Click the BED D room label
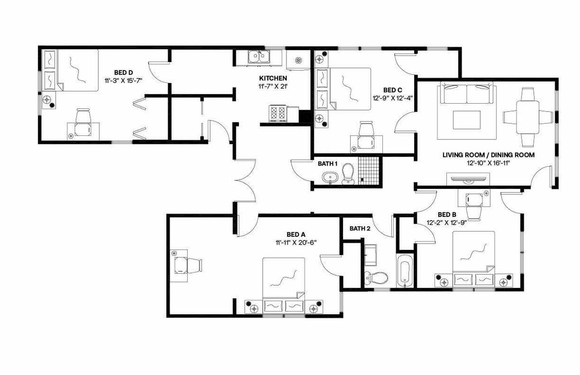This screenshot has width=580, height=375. (x=123, y=72)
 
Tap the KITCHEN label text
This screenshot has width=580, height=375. (x=273, y=78)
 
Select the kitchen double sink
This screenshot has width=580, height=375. (x=259, y=58)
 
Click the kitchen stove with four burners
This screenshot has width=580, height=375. (x=278, y=113)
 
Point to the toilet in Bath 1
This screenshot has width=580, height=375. (x=348, y=173)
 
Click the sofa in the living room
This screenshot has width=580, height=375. (x=466, y=94)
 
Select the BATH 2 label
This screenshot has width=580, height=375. (x=360, y=229)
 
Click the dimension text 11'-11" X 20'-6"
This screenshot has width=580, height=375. (x=296, y=242)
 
